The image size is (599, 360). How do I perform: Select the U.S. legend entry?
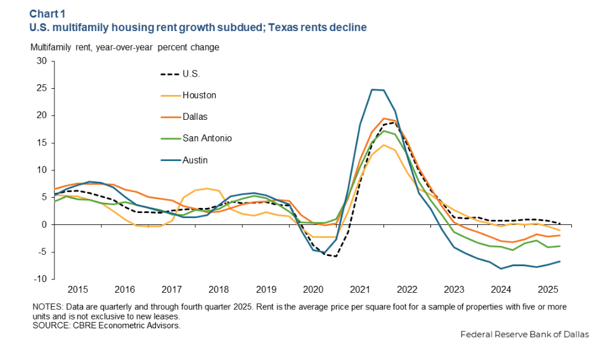tap(191, 74)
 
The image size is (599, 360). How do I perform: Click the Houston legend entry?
tap(199, 95)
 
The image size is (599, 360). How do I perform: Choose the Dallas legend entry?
tap(195, 117)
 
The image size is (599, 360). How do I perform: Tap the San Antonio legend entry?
tap(206, 138)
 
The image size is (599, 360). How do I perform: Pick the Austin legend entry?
tap(195, 160)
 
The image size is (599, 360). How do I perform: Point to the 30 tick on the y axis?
tap(42, 61)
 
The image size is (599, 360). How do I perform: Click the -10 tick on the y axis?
tap(41, 279)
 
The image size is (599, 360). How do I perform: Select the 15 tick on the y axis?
tap(42, 143)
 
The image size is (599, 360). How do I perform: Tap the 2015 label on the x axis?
tap(78, 290)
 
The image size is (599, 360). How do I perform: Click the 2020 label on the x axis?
tap(312, 290)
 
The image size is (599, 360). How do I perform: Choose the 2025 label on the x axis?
tap(547, 290)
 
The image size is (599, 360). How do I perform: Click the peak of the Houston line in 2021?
tap(383, 145)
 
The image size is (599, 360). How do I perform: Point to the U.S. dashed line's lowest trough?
tap(335, 256)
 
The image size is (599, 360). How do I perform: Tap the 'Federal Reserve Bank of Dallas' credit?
tap(524, 335)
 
